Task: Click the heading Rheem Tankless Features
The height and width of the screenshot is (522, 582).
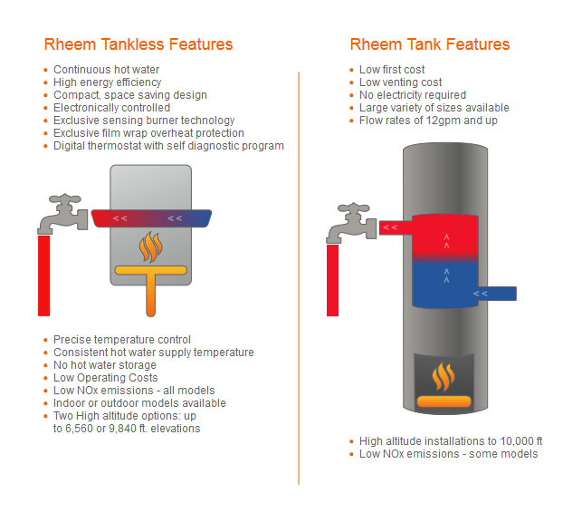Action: click(x=138, y=44)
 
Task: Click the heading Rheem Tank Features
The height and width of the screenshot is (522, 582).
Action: click(x=430, y=44)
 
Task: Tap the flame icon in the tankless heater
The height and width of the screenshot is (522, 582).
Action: click(x=150, y=246)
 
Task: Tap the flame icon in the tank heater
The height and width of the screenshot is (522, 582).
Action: click(x=443, y=375)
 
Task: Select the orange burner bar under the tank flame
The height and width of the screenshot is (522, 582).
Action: click(x=443, y=401)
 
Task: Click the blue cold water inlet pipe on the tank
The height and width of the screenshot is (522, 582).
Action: click(x=492, y=294)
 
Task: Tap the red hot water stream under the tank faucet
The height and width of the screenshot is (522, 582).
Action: click(x=333, y=280)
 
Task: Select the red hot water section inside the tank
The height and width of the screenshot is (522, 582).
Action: click(x=444, y=237)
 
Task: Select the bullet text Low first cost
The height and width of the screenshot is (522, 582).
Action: click(x=392, y=70)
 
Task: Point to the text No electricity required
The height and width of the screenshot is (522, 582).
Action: click(x=412, y=95)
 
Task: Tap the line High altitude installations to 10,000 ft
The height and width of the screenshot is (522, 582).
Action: click(x=450, y=441)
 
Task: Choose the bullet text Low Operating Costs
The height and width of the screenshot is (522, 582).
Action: click(x=105, y=378)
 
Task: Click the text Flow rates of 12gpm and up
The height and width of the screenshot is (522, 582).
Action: click(x=428, y=121)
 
